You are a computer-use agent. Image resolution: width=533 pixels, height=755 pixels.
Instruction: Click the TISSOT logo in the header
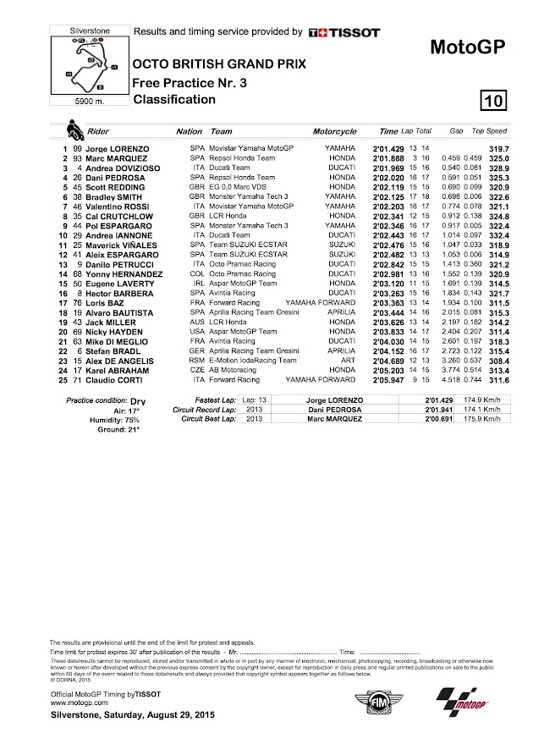tap(338, 31)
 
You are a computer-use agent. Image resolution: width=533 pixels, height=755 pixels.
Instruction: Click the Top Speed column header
tap(489, 132)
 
